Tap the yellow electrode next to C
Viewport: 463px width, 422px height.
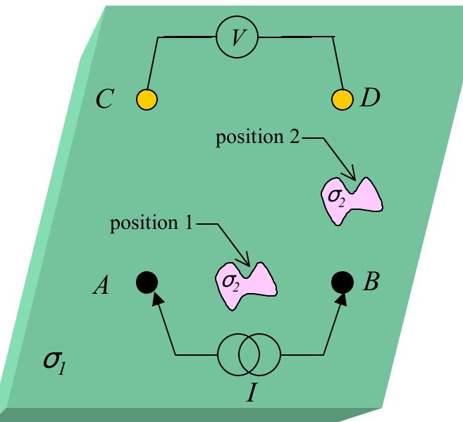coord(147,99)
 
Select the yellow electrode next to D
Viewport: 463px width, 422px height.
coord(342,99)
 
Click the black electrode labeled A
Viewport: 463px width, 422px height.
coord(147,283)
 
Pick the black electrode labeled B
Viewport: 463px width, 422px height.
coord(342,283)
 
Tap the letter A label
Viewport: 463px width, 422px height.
coord(103,285)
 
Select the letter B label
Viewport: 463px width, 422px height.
coord(371,284)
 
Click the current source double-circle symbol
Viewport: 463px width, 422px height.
coord(249,354)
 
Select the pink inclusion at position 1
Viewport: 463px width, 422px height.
coord(244,283)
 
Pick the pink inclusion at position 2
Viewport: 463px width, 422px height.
coord(351,198)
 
